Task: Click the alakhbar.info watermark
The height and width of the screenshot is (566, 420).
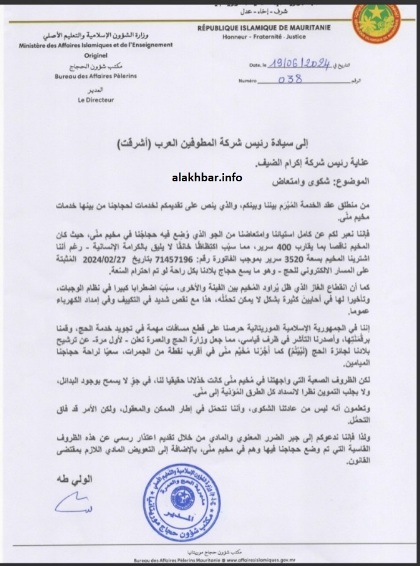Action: click(207, 177)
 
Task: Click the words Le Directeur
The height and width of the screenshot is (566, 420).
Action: click(93, 99)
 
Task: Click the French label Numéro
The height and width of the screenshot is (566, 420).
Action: click(251, 81)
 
